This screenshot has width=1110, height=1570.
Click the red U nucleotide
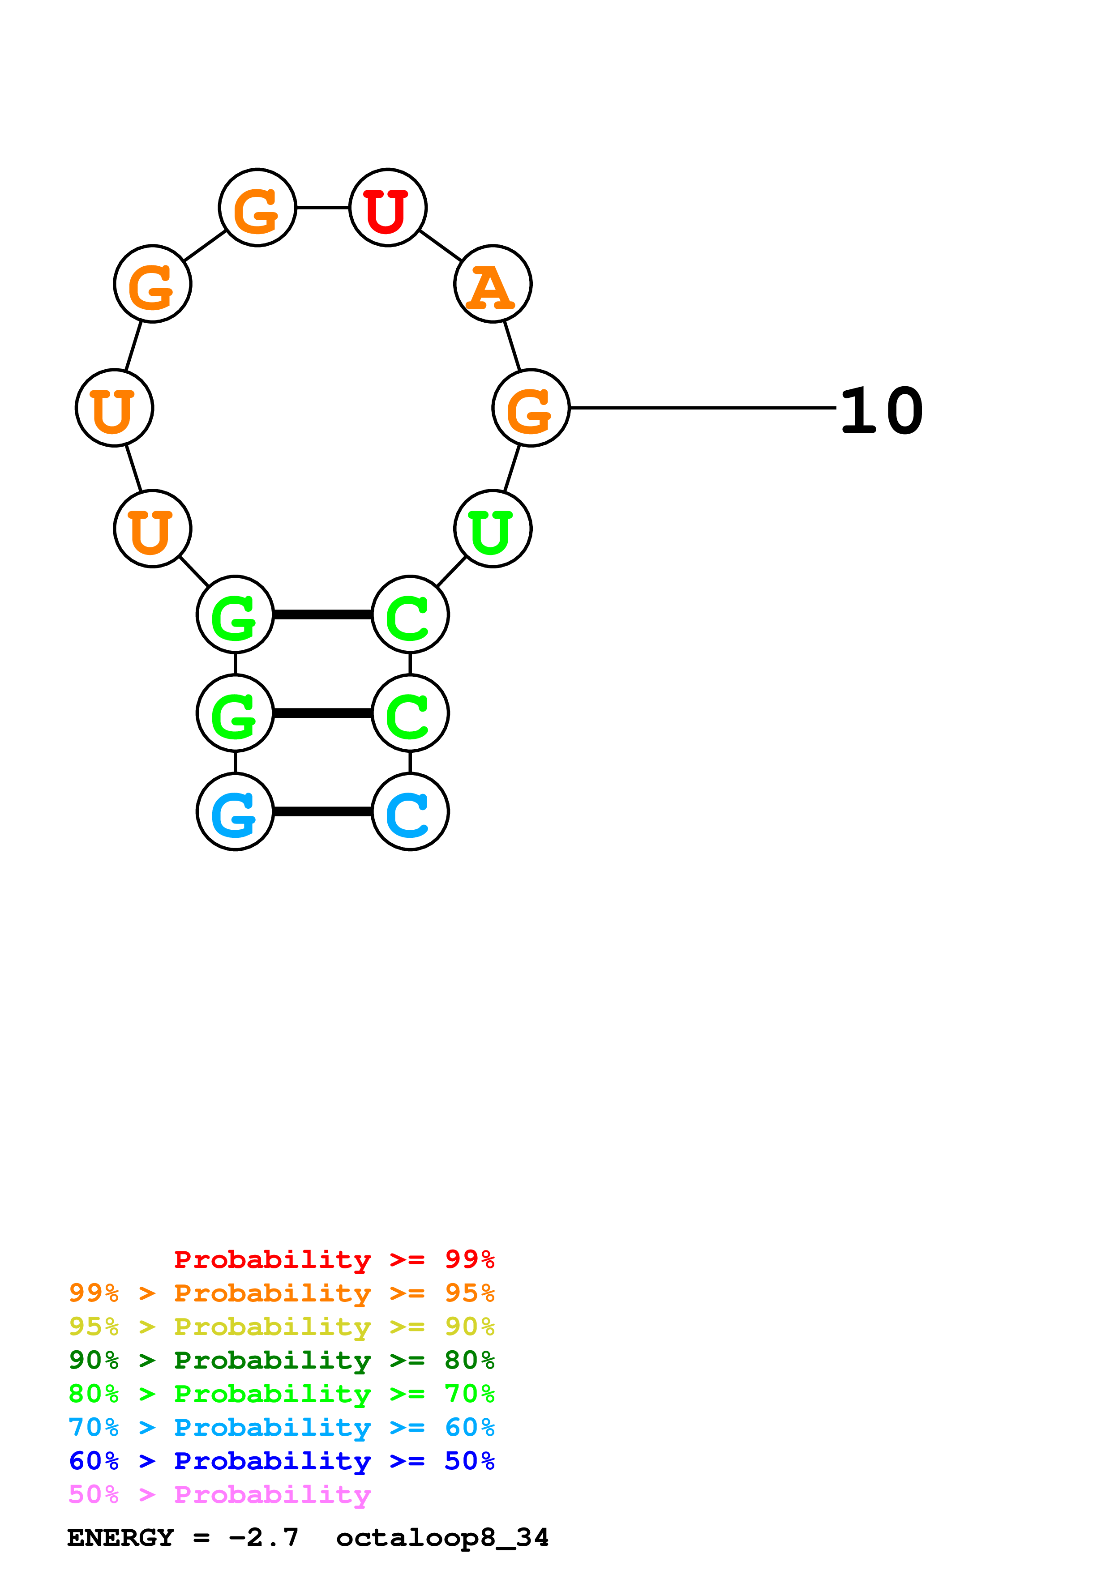click(388, 207)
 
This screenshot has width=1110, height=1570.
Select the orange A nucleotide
click(493, 284)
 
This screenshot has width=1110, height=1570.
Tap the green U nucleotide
click(493, 529)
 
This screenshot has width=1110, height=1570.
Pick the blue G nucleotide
click(235, 812)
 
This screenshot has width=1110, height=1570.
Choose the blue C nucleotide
click(410, 812)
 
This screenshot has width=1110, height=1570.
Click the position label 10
click(881, 410)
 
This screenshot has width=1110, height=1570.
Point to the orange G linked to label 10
click(531, 408)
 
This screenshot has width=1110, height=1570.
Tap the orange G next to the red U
click(257, 207)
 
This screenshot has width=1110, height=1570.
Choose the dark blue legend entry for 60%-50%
click(281, 1461)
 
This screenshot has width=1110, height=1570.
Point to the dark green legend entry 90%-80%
click(281, 1360)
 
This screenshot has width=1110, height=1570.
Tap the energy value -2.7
click(263, 1537)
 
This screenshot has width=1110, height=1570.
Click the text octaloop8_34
click(442, 1537)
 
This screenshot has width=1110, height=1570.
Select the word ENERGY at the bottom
click(120, 1537)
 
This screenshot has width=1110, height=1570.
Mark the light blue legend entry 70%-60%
click(281, 1427)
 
